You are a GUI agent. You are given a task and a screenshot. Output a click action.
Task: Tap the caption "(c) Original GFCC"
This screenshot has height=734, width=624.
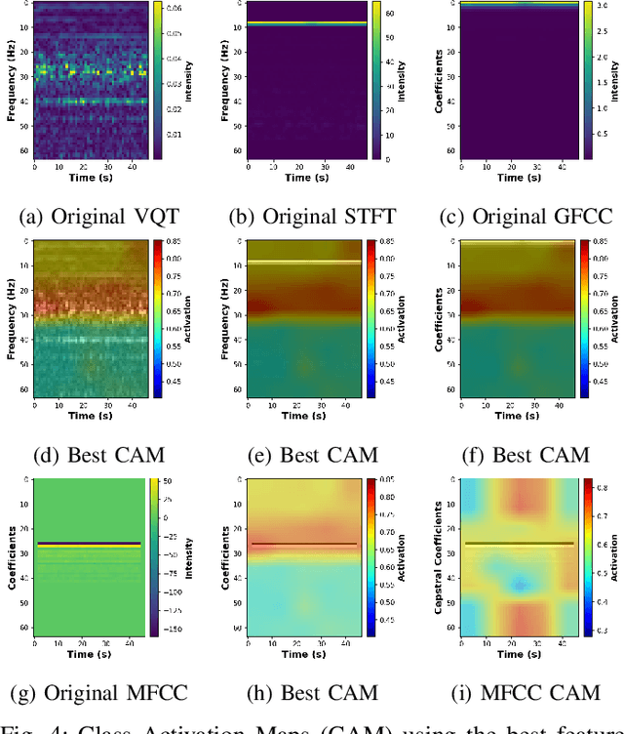tap(522, 216)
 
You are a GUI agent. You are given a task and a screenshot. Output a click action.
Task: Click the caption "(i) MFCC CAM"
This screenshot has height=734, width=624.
tap(527, 694)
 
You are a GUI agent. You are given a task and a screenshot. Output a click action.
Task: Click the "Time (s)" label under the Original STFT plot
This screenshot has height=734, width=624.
tap(305, 179)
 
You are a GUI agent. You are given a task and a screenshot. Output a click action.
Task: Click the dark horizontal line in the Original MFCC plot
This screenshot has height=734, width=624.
tap(87, 544)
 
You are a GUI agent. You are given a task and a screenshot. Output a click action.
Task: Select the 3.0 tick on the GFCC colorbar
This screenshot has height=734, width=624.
tap(602, 5)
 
